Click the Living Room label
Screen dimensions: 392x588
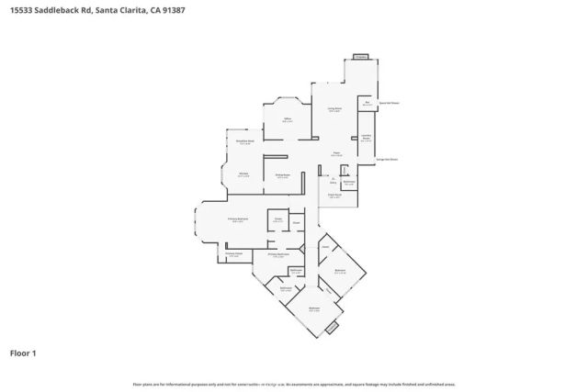point(334,108)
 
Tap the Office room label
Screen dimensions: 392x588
point(287,119)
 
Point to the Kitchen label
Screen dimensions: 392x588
point(244,174)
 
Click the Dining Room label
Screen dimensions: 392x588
point(283,176)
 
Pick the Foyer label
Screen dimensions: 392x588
point(336,153)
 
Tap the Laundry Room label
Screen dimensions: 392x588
point(366,139)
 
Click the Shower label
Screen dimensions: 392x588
point(296,222)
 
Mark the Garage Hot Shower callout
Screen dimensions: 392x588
point(387,159)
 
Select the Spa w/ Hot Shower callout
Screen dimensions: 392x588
point(389,104)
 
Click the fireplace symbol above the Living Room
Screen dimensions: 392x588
point(360,56)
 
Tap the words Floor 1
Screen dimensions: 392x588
point(22,353)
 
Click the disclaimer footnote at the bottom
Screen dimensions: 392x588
point(293,384)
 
